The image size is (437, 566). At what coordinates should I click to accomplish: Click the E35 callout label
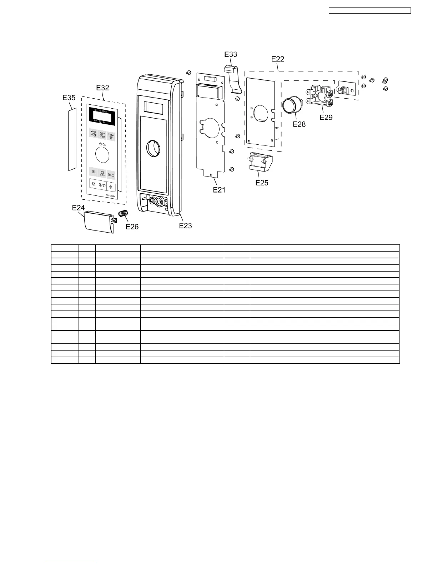pyautogui.click(x=69, y=97)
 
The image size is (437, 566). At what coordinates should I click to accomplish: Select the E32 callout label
pyautogui.click(x=103, y=88)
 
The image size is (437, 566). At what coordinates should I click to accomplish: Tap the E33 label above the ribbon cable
pyautogui.click(x=231, y=54)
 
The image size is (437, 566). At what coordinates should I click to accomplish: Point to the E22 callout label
pyautogui.click(x=278, y=59)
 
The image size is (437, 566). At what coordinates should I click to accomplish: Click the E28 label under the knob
pyautogui.click(x=299, y=124)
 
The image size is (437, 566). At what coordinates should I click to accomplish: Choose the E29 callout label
pyautogui.click(x=326, y=117)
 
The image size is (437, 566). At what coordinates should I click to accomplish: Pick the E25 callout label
pyautogui.click(x=262, y=183)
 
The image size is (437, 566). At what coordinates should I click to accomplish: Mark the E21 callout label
pyautogui.click(x=219, y=190)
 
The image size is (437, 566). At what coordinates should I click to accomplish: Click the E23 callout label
pyautogui.click(x=185, y=225)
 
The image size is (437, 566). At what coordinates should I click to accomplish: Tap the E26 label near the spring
pyautogui.click(x=132, y=227)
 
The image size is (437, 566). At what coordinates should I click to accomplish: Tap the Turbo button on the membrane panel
pyautogui.click(x=111, y=136)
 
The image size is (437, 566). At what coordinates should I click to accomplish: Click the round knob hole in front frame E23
pyautogui.click(x=154, y=148)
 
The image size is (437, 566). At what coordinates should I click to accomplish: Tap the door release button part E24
pyautogui.click(x=98, y=221)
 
